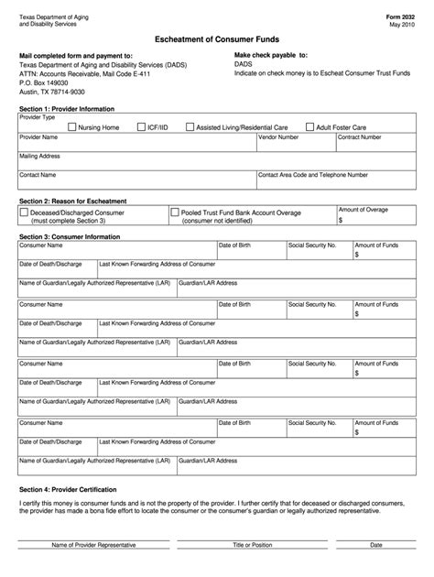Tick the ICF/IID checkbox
141,127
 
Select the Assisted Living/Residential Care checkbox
190,127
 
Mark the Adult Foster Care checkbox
310,127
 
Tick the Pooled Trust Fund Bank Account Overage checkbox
174,212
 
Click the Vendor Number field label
278,137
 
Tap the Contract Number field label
361,137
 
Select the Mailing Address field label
40,156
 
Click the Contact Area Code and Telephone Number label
313,174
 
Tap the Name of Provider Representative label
93,545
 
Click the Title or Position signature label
252,545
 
